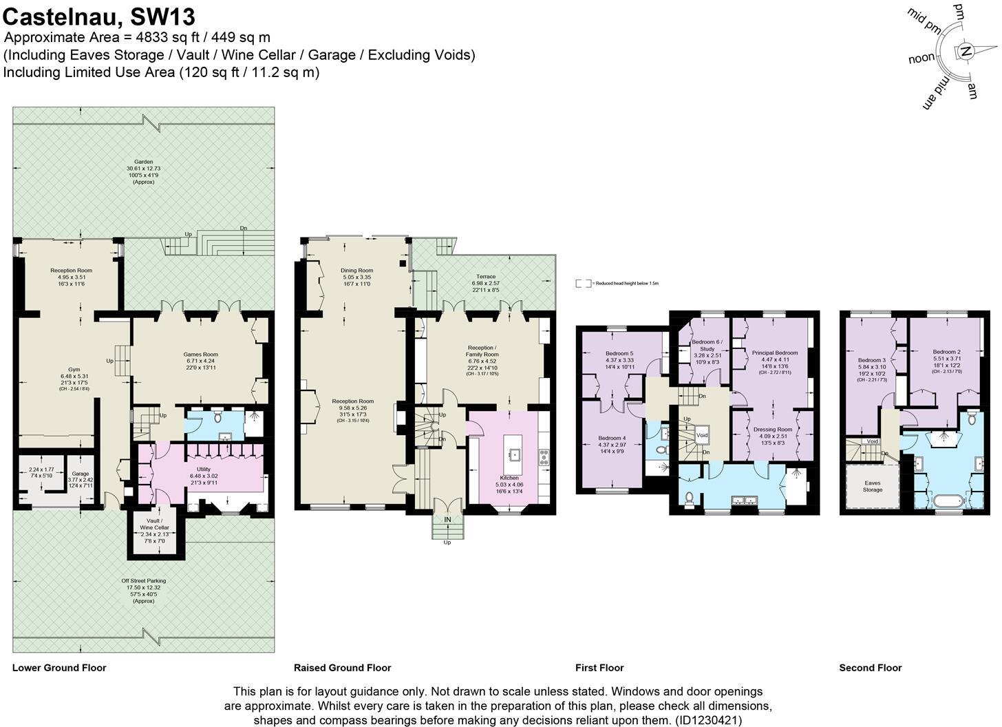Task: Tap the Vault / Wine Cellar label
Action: click(x=154, y=524)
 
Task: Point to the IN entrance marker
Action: click(x=447, y=519)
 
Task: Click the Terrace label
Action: click(x=486, y=277)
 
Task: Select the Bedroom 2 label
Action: click(x=946, y=352)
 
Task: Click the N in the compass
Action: click(x=966, y=51)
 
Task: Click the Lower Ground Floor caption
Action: click(x=59, y=668)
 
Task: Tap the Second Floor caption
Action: click(x=870, y=668)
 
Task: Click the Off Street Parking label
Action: click(x=143, y=581)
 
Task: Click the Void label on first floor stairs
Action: click(x=702, y=436)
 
